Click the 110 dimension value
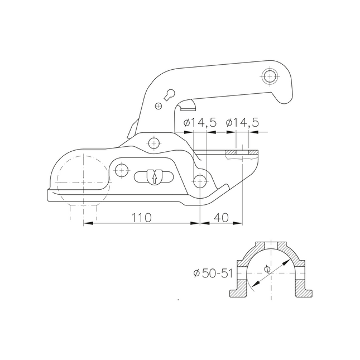[x=141, y=217]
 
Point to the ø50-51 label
[x=210, y=273]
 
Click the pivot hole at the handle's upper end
[x=271, y=75]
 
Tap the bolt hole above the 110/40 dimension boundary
[x=199, y=179]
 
